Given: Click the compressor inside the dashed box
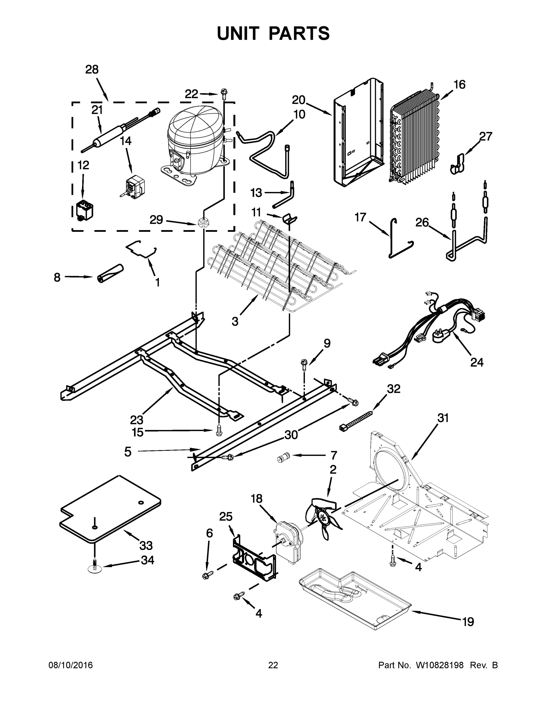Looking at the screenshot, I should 194,143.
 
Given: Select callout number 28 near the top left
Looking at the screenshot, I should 92,70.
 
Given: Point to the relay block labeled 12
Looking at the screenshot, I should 85,210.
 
